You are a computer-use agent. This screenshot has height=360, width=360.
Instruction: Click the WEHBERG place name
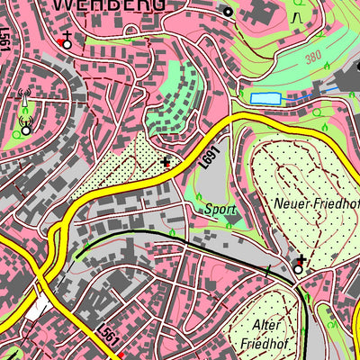[109, 5]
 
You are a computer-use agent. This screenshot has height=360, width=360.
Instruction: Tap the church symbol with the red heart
[65, 41]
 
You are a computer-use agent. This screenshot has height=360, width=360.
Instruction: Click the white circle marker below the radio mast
[25, 129]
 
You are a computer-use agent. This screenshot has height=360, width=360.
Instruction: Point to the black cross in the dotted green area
[165, 163]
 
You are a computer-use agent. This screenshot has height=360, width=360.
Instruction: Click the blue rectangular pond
[265, 98]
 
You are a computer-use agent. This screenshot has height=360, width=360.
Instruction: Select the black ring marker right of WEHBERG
[228, 12]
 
